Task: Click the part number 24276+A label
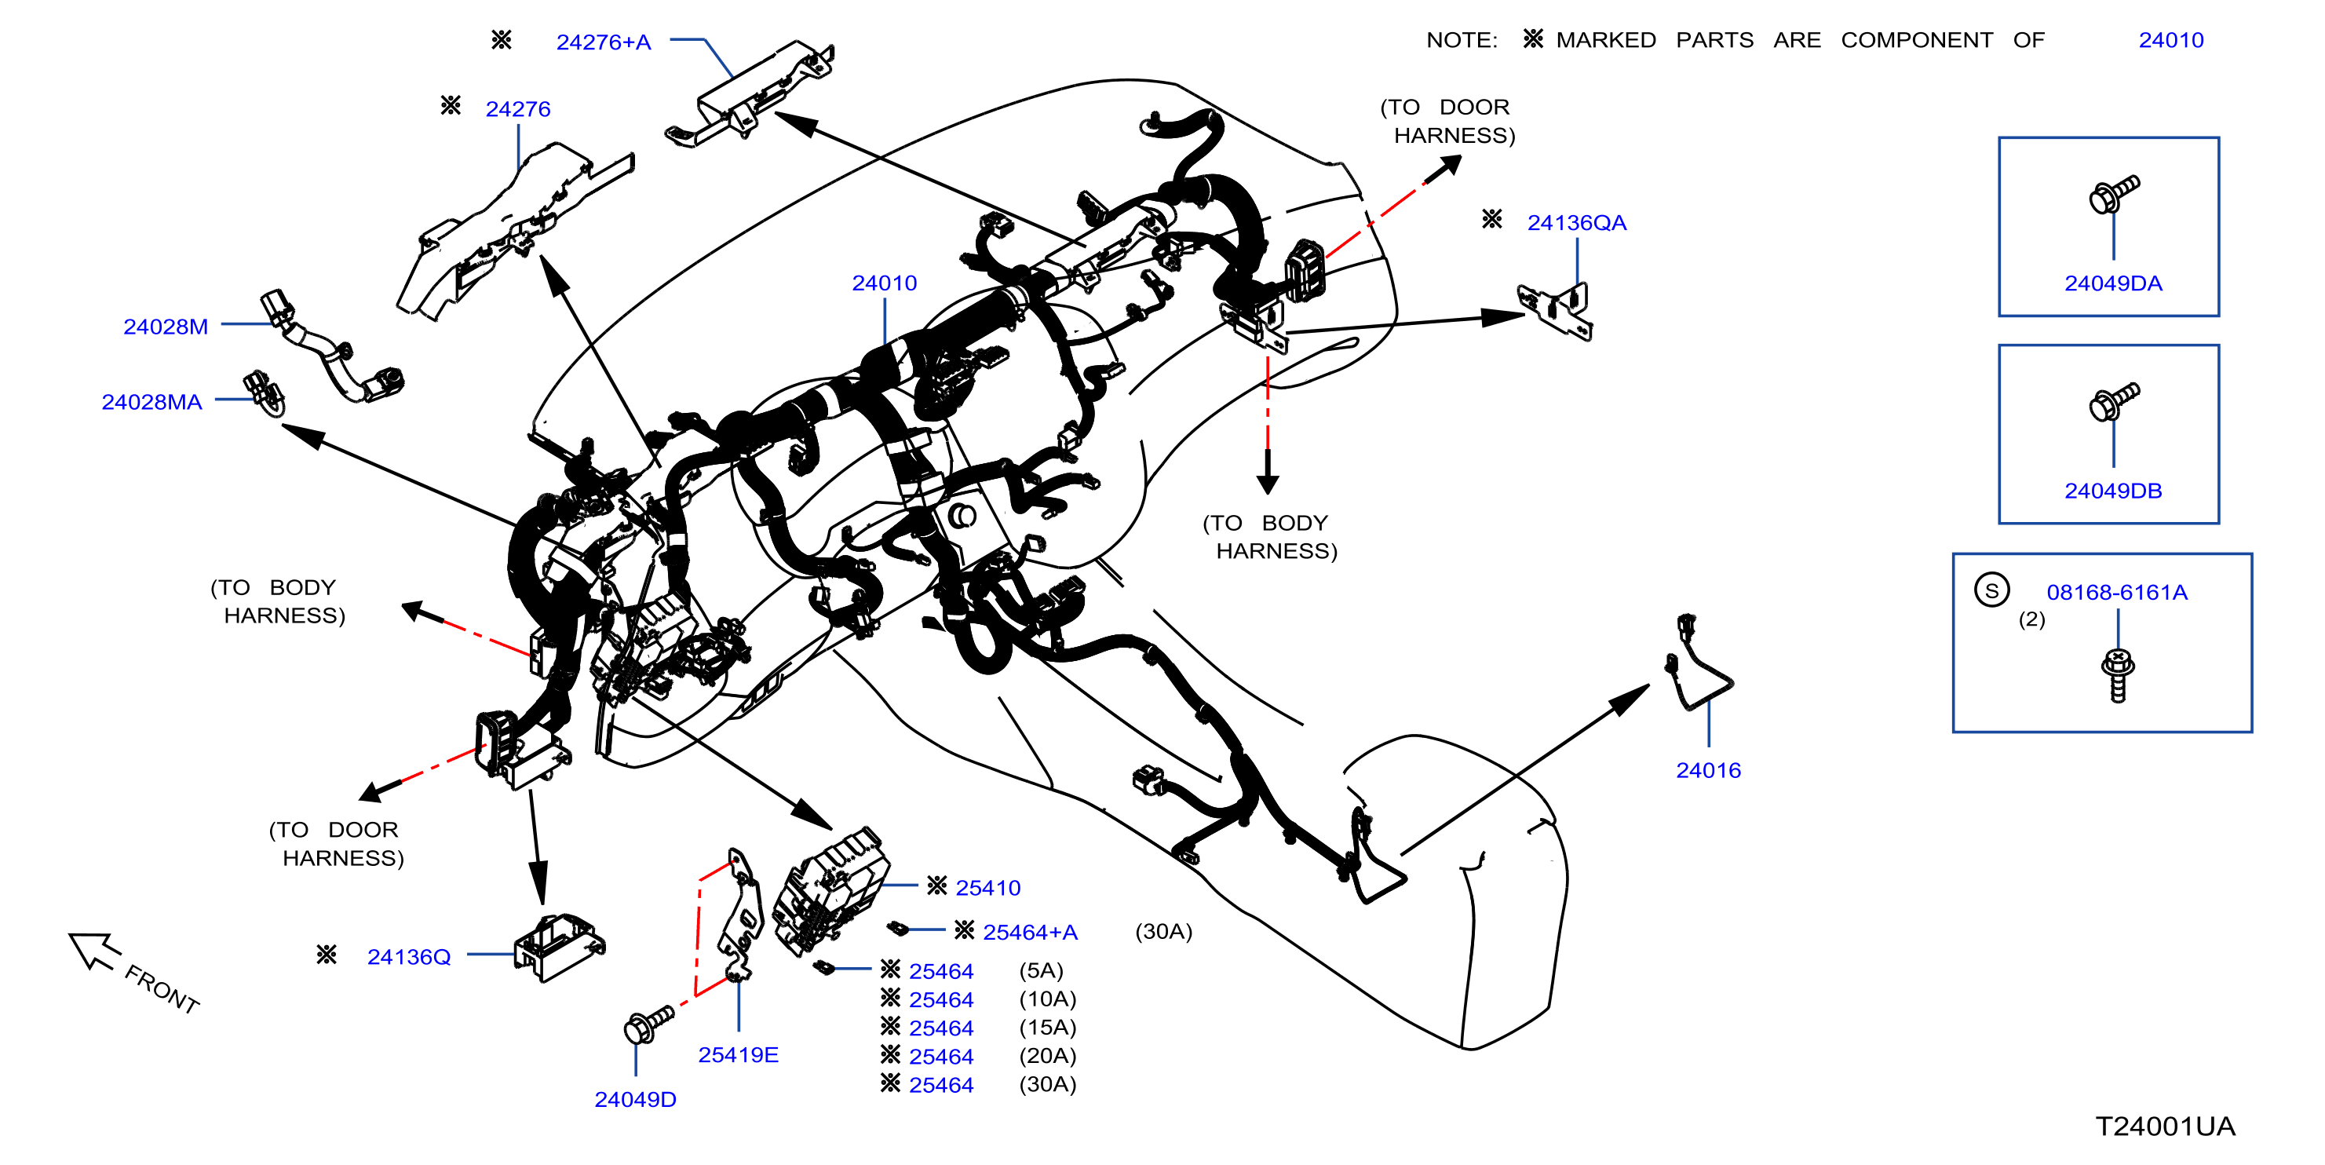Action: coord(603,42)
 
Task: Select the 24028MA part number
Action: coord(151,403)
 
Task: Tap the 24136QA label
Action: coord(1576,223)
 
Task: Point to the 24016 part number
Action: coord(1708,771)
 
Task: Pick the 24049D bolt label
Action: coord(635,1100)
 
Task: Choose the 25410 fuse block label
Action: coord(987,889)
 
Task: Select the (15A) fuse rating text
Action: coord(1047,1028)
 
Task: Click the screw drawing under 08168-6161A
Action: coord(2118,675)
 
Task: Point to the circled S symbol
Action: coord(1991,590)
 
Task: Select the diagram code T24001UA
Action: coord(2164,1127)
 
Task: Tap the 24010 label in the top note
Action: coord(2170,41)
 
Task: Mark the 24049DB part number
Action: coord(2113,491)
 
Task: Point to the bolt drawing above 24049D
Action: coord(649,1024)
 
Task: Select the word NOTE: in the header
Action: coord(1462,41)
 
